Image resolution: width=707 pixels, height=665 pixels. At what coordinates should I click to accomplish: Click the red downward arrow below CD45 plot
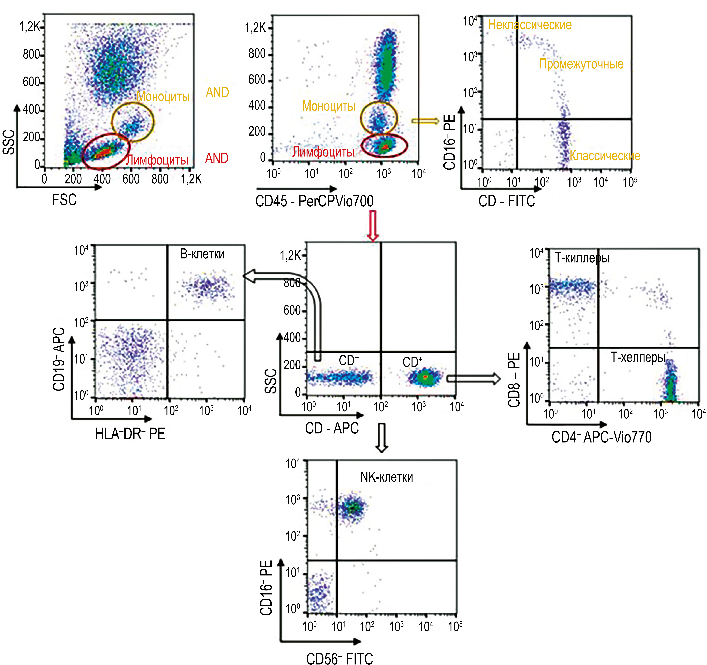point(373,226)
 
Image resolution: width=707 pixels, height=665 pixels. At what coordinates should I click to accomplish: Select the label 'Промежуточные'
point(581,64)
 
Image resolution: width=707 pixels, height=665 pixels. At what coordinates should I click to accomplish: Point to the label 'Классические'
point(605,156)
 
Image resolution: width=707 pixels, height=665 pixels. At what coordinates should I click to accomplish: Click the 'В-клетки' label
point(202,254)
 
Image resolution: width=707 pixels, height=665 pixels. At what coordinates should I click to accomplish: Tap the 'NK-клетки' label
point(387,477)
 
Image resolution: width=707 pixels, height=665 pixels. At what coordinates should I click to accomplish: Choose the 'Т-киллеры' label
point(582,258)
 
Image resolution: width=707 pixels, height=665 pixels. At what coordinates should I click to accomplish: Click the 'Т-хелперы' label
point(638,357)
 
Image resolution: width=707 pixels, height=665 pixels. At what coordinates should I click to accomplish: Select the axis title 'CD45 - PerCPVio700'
point(314,201)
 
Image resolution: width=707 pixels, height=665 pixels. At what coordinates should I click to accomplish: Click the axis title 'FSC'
point(64,200)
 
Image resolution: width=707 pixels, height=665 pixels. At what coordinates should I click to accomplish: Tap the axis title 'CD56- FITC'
point(340,658)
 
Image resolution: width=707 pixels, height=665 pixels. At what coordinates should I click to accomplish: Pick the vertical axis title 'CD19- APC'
point(59,359)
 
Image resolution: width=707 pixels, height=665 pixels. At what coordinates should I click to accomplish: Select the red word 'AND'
point(217,158)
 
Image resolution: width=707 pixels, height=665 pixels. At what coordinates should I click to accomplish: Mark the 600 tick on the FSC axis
point(131,179)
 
